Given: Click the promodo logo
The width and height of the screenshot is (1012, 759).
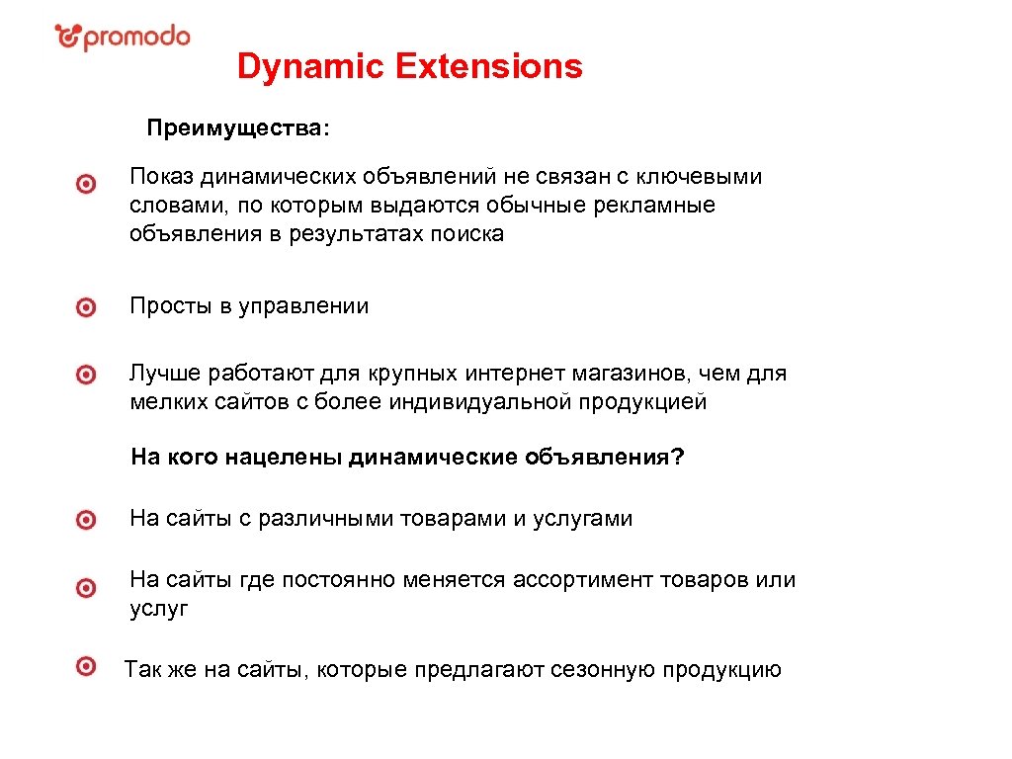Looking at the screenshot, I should [122, 38].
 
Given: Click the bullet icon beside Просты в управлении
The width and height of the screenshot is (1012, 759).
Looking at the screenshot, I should [87, 307].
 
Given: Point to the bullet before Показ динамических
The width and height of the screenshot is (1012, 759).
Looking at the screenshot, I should [87, 184].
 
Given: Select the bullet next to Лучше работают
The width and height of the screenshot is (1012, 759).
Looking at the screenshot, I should [87, 375].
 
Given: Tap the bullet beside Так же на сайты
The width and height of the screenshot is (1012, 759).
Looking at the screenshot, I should [87, 665].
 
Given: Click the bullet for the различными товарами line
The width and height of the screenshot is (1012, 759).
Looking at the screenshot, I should [87, 520].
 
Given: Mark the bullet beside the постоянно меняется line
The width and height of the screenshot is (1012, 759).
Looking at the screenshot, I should [87, 588].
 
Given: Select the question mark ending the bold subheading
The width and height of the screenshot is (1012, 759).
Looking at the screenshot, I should [678, 459].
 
